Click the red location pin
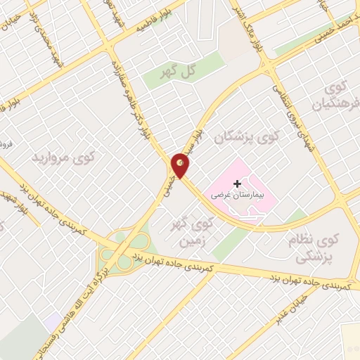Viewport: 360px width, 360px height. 181,165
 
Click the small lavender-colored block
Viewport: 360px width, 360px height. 52,320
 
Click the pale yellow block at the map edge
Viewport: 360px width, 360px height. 350,342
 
